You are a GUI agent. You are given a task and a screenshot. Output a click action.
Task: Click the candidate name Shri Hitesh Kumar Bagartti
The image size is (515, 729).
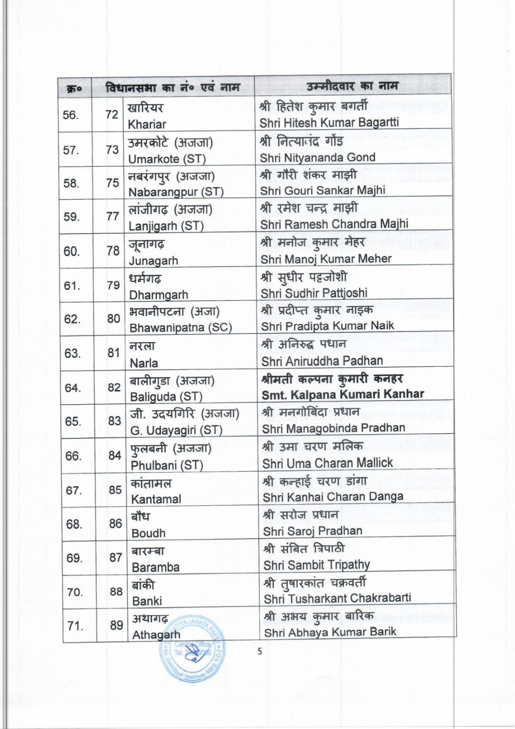click(x=329, y=123)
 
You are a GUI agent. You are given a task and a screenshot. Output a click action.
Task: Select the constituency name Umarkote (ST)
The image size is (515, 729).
click(x=167, y=159)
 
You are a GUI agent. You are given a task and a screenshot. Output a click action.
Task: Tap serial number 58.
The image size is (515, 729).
click(x=71, y=183)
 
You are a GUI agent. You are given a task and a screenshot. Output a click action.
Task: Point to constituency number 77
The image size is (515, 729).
click(x=112, y=216)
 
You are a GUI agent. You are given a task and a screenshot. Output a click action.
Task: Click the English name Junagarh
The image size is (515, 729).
click(x=153, y=261)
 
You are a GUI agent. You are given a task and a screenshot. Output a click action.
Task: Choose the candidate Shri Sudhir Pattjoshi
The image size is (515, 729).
click(x=314, y=293)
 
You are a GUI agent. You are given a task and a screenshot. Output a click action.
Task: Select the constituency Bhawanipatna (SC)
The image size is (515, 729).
click(x=180, y=328)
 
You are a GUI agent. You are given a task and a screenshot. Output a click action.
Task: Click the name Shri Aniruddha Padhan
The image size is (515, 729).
click(x=321, y=361)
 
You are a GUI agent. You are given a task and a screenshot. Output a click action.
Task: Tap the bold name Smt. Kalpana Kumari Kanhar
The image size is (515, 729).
click(x=342, y=395)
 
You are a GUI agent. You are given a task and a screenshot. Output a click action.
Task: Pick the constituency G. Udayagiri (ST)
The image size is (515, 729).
click(x=176, y=430)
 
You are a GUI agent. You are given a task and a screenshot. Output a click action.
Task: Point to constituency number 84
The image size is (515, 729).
click(x=114, y=455)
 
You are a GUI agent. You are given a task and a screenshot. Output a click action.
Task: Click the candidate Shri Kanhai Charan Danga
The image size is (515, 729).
click(x=332, y=497)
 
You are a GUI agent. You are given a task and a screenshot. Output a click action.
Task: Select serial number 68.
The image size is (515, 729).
click(x=74, y=524)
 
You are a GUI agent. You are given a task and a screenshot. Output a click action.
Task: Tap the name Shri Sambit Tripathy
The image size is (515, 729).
click(x=316, y=565)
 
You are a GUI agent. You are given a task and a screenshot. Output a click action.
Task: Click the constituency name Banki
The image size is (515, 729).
click(x=147, y=601)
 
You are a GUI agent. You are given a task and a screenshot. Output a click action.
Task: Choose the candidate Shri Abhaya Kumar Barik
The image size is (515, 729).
click(x=330, y=632)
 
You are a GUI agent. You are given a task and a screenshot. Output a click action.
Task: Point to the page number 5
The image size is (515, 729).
click(x=260, y=652)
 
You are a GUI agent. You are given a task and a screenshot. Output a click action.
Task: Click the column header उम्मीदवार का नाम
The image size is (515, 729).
click(x=352, y=86)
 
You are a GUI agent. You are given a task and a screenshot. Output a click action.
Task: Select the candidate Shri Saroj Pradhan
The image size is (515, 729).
click(x=312, y=531)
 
